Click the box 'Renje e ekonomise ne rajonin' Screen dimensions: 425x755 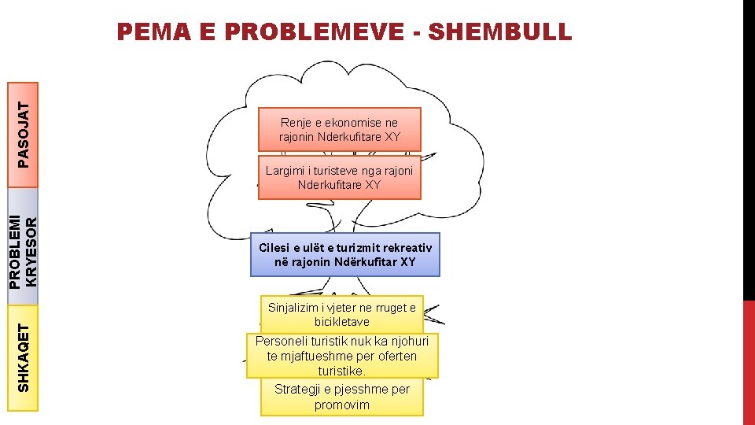340,129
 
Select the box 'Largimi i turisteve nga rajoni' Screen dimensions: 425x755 340,177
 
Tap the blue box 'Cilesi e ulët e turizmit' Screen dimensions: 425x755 345,254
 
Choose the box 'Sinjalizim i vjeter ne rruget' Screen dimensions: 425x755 342,314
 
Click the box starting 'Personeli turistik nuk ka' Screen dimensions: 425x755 342,356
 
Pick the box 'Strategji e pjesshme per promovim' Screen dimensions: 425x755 342,397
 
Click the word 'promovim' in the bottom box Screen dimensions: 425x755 342,405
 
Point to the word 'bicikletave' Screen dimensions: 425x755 342,322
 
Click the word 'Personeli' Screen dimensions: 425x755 282,342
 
